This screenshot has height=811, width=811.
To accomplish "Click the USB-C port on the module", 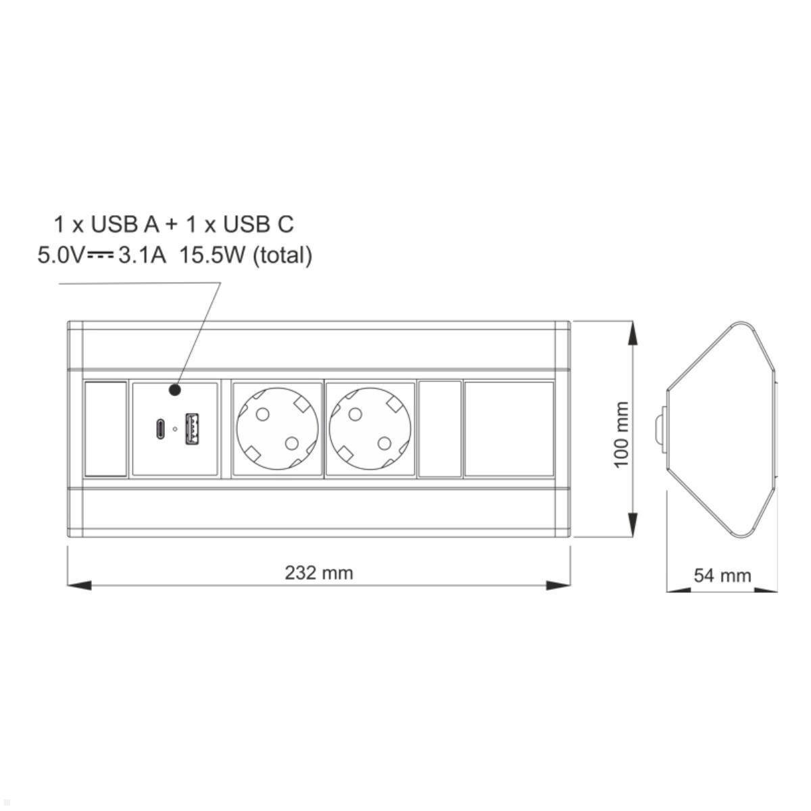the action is (x=160, y=429).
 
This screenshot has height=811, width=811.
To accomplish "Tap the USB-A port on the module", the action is (x=193, y=429).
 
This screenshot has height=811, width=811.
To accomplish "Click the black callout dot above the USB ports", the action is (x=174, y=390).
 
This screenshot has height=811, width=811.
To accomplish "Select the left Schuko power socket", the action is (x=277, y=429).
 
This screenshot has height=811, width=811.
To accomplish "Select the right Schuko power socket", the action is (x=370, y=429).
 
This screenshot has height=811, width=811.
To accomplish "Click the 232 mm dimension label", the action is (x=319, y=573).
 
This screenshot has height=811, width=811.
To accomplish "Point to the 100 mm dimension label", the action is (x=621, y=435).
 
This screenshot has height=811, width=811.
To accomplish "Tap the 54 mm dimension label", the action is (x=722, y=576).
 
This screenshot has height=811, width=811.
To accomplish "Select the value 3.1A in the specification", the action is (x=142, y=255).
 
